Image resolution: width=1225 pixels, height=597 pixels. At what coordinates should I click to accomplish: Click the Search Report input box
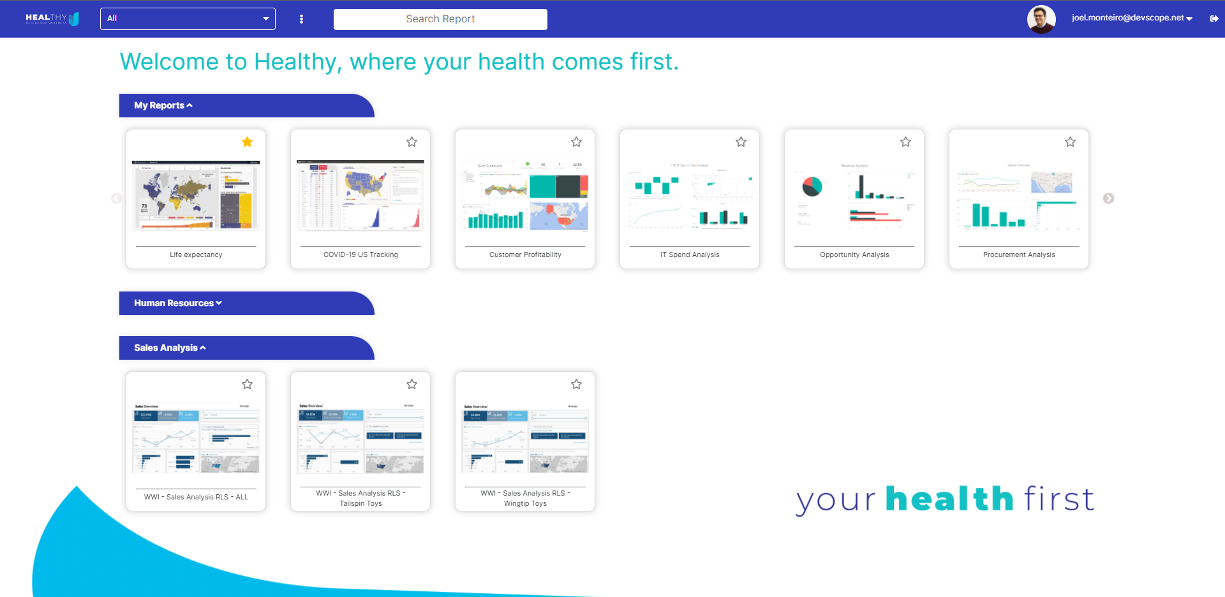[x=440, y=19]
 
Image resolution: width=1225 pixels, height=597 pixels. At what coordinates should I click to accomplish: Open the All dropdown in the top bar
[x=188, y=18]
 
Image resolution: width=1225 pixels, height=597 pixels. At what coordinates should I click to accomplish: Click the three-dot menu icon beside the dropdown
[x=301, y=19]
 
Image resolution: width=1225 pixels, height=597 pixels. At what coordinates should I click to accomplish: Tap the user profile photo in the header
[x=1041, y=19]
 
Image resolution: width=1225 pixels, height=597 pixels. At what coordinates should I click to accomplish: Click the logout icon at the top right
[x=1214, y=18]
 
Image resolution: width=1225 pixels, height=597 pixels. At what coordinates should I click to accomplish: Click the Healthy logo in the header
[x=52, y=18]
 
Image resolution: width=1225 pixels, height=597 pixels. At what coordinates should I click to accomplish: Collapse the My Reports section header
[x=163, y=106]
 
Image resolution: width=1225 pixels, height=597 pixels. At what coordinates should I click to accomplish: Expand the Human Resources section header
[x=178, y=304]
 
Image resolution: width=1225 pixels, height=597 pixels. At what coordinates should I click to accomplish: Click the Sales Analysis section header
[x=170, y=348]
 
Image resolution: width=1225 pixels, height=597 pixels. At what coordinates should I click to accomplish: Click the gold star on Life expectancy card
[x=247, y=142]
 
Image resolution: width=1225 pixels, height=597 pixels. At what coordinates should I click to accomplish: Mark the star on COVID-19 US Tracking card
[x=412, y=142]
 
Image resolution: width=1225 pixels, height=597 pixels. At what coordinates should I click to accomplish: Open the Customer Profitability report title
[x=525, y=254]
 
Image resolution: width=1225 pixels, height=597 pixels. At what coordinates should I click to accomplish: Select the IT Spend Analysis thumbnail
[x=690, y=196]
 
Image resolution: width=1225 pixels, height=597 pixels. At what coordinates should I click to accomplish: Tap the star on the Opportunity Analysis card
[x=905, y=142]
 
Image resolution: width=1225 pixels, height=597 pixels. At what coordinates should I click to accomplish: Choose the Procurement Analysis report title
[x=1019, y=254]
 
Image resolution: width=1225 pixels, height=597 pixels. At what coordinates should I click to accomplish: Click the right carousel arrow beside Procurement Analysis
[x=1108, y=198]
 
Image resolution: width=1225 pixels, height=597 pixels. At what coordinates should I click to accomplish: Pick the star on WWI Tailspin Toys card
[x=412, y=384]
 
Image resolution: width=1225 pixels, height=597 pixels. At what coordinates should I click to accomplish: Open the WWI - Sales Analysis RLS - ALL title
[x=196, y=497]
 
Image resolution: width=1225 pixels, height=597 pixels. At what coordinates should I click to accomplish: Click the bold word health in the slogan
[x=949, y=499]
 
